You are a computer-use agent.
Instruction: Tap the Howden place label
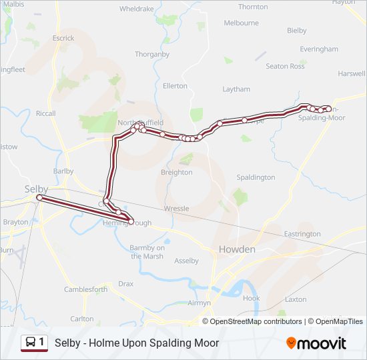[237, 249]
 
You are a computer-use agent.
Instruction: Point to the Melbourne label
[241, 23]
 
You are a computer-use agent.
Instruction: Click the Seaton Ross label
[285, 66]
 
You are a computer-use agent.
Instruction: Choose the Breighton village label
[176, 172]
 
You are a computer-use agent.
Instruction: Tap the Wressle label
[176, 209]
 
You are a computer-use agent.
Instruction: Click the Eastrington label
[302, 234]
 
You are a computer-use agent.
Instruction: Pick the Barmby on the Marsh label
[146, 252]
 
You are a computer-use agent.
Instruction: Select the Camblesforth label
[85, 289]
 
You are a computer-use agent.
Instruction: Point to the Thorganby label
[152, 54]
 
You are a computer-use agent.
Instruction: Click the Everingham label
[319, 49]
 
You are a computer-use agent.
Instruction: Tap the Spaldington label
[256, 177]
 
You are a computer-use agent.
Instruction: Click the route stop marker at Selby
[39, 198]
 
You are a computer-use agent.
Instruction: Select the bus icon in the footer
[30, 343]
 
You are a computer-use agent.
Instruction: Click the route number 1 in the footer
[42, 343]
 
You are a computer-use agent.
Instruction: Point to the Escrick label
[63, 38]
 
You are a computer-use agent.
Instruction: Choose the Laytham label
[236, 89]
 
